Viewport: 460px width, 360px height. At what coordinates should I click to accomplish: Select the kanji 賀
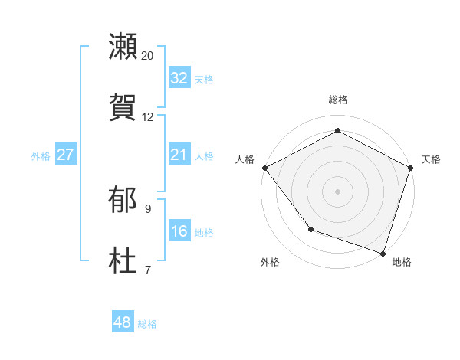(123, 107)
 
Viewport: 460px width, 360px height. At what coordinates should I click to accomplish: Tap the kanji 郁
(123, 200)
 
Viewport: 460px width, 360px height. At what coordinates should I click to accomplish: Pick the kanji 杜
(123, 261)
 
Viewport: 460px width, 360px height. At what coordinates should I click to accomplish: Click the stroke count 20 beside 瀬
(148, 56)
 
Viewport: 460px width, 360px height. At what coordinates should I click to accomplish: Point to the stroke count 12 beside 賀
(148, 117)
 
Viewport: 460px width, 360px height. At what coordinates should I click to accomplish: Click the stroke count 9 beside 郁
(148, 208)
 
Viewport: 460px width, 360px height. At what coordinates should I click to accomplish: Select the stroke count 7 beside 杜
(148, 270)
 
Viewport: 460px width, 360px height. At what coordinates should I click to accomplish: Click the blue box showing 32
(179, 78)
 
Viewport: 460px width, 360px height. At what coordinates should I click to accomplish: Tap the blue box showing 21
(179, 155)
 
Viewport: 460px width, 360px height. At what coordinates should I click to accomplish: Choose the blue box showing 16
(179, 231)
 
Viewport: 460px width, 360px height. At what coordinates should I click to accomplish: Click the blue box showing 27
(66, 155)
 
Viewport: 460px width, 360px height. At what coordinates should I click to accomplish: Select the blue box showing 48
(123, 322)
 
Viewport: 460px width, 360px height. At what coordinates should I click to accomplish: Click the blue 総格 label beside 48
(147, 324)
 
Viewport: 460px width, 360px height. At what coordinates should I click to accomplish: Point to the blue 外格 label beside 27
(41, 156)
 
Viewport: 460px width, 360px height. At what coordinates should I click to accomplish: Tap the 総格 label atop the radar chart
(337, 100)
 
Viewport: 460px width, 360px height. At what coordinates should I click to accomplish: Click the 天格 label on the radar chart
(431, 159)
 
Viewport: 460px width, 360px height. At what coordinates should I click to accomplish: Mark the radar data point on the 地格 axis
(383, 253)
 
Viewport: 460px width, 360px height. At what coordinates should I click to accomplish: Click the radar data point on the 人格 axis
(264, 168)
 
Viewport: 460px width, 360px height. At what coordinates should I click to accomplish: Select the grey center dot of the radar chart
(337, 191)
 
